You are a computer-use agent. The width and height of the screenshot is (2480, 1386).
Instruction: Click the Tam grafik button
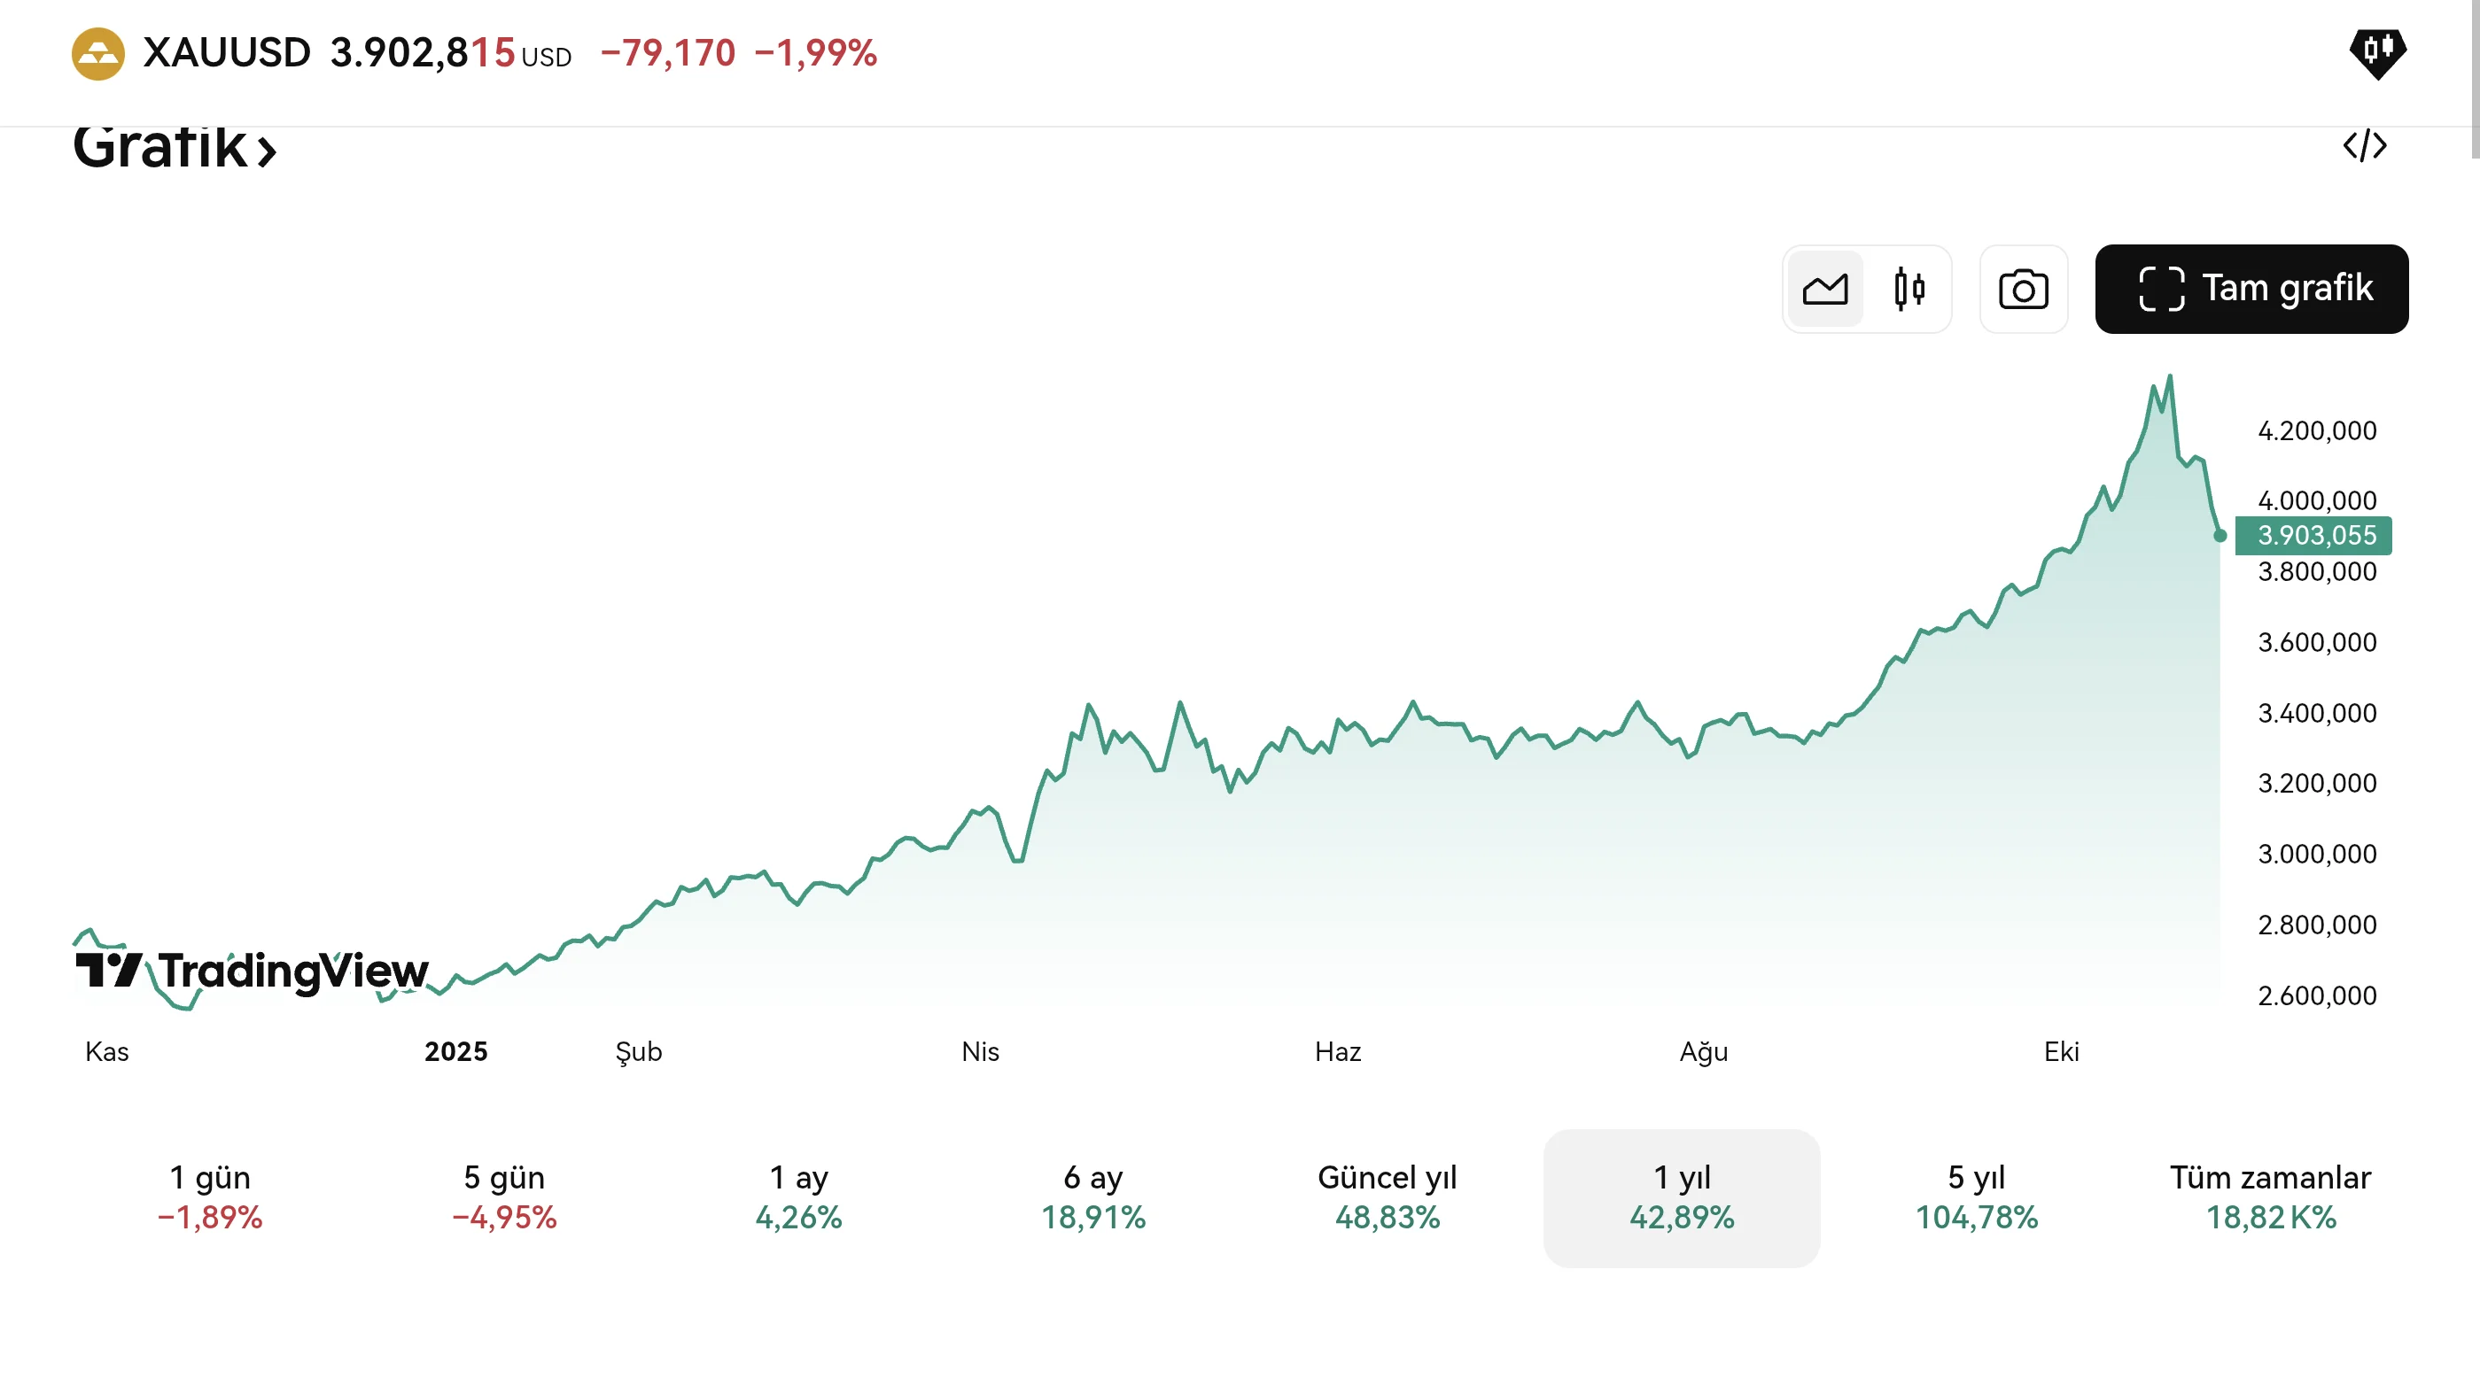pos(2251,289)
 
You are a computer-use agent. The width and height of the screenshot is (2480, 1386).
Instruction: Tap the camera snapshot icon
pos(2023,289)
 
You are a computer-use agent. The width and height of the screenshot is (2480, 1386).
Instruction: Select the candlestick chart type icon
pos(1909,289)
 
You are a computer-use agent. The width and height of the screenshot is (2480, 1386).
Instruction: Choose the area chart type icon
pos(1824,289)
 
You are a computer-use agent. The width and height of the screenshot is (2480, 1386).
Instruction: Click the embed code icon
pos(2365,145)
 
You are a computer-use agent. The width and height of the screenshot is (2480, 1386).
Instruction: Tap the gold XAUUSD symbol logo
pos(98,54)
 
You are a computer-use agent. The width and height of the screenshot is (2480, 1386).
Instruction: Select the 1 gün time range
pos(210,1196)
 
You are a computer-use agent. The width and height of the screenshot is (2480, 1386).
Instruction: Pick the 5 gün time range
pos(504,1196)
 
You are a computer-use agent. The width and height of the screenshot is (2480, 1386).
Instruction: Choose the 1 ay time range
pos(799,1196)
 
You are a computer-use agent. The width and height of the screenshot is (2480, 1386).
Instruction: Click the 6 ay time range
pos(1093,1196)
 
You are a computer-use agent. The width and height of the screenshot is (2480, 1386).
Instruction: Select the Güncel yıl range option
pos(1388,1196)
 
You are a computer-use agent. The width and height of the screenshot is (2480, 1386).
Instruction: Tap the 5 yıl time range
pos(1977,1196)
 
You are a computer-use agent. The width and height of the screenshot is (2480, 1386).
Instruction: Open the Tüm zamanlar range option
pos(2270,1196)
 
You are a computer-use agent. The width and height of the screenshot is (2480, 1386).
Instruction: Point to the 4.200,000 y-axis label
pos(2316,430)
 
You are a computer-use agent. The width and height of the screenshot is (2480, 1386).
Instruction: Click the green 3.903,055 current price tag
pos(2314,535)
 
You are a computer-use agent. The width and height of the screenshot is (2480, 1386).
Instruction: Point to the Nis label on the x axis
pos(980,1051)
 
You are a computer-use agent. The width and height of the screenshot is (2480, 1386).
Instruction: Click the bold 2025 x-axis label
pos(456,1051)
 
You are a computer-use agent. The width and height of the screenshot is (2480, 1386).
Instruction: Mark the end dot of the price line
pos(2220,535)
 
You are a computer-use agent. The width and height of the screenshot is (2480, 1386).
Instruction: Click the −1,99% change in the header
pos(815,53)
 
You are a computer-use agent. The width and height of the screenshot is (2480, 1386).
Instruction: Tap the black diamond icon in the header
pos(2377,52)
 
